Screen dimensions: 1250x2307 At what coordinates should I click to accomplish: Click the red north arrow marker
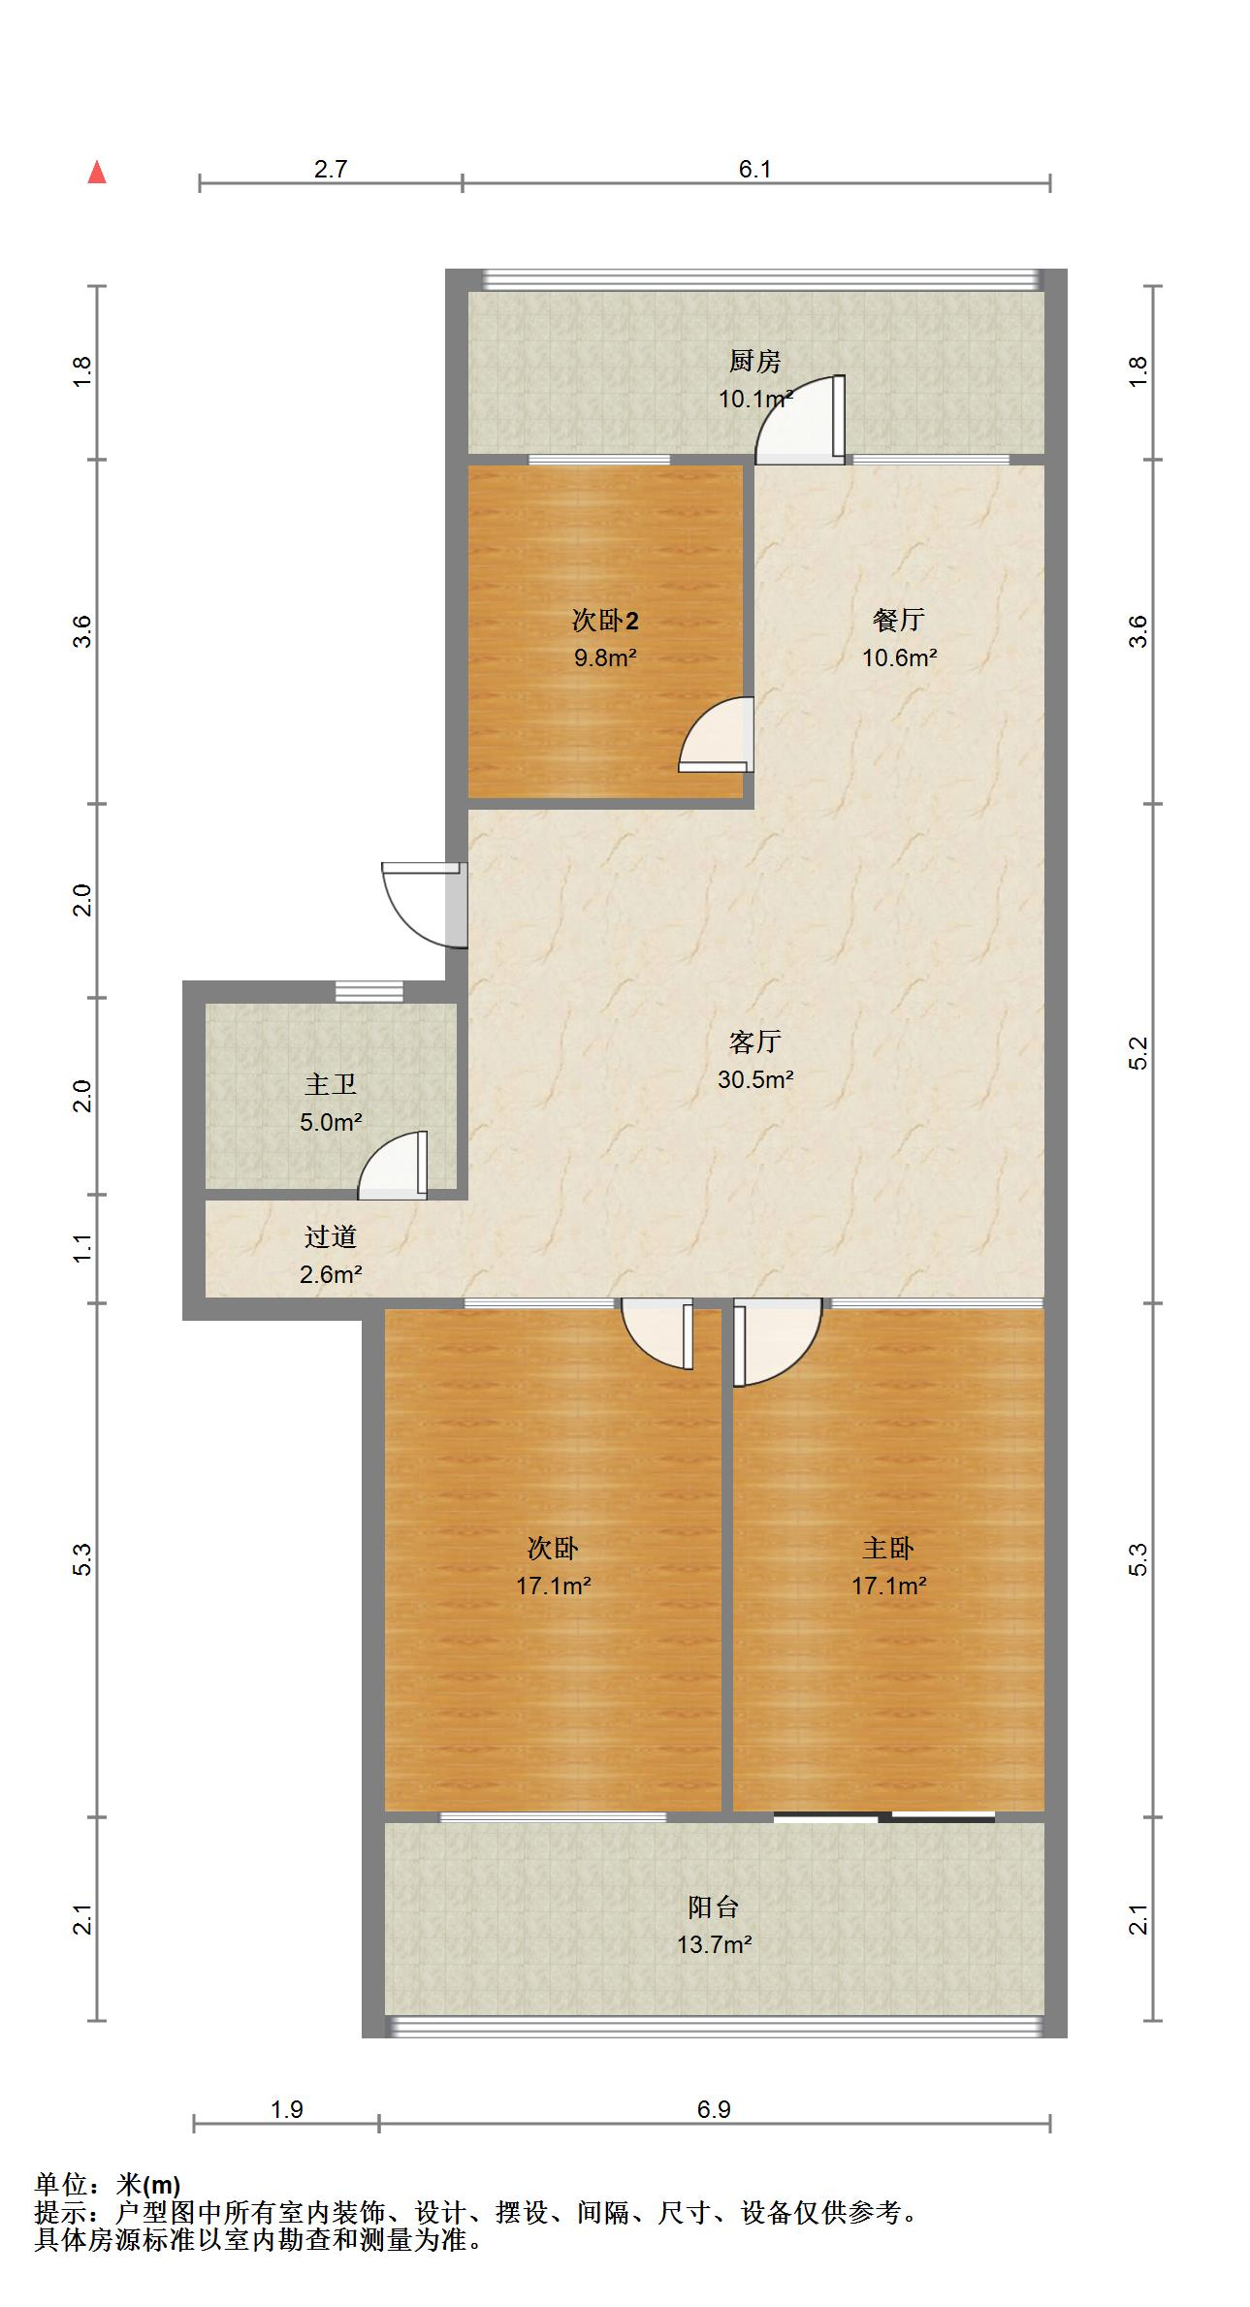[97, 173]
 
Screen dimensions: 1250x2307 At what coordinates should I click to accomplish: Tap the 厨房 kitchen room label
[754, 362]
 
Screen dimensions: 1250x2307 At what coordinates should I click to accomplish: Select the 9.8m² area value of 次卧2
[605, 658]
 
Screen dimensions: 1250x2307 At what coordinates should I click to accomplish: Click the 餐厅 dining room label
[899, 620]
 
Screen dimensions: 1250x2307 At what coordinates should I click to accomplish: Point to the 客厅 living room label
[754, 1042]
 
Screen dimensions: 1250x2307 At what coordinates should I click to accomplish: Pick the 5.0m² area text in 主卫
[331, 1123]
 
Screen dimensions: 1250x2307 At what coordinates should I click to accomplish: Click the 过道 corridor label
[331, 1236]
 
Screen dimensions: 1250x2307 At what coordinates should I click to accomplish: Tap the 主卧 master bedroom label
[888, 1549]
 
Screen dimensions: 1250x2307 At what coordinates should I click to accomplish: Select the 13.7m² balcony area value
[715, 1944]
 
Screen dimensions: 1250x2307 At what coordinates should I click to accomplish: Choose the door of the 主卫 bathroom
[394, 1165]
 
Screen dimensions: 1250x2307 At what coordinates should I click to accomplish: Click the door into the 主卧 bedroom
[778, 1342]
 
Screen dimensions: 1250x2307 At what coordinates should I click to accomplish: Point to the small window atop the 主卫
[369, 991]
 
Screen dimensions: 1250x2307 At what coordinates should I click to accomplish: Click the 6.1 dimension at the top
[754, 170]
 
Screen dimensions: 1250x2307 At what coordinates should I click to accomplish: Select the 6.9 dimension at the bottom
[714, 2109]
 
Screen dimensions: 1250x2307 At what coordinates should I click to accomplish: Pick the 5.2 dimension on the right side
[1138, 1053]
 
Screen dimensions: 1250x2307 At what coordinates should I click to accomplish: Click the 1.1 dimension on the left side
[83, 1248]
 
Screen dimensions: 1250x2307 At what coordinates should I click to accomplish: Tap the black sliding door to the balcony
[884, 1817]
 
